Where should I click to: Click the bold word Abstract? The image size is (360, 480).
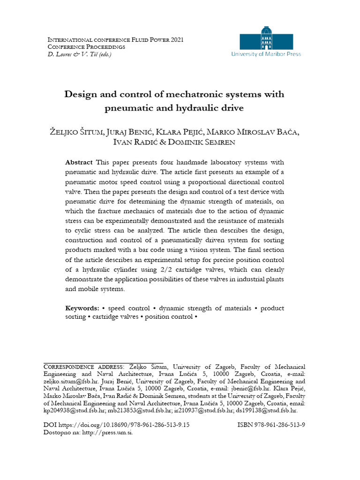point(79,162)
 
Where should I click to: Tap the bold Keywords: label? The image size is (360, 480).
point(82,308)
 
